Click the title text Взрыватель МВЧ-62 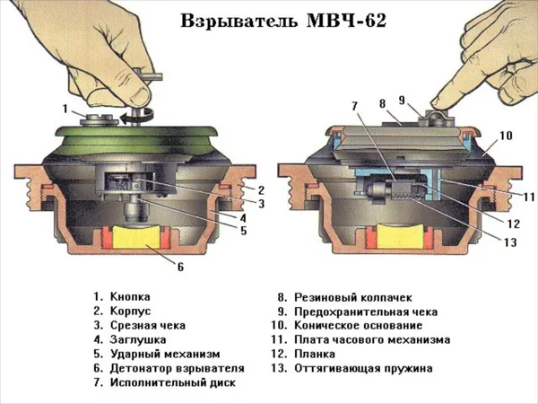[x=283, y=21]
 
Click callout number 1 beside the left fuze [x=65, y=109]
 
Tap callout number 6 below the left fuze [x=181, y=267]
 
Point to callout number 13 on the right [x=510, y=242]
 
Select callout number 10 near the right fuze [x=506, y=136]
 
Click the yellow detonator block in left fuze [x=136, y=237]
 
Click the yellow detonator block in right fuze [x=401, y=236]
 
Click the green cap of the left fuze [x=136, y=139]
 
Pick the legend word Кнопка [x=130, y=296]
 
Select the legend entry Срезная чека [x=148, y=325]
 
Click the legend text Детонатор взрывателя [x=177, y=368]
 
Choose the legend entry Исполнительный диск [x=173, y=382]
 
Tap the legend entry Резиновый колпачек [x=353, y=297]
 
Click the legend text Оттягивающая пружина [x=363, y=368]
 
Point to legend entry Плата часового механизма [x=372, y=339]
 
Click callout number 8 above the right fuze [x=383, y=103]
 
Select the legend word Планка [x=315, y=354]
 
